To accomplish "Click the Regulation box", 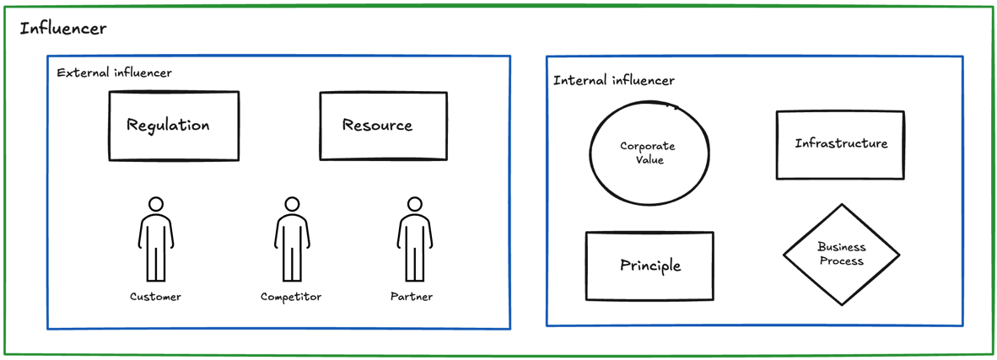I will [x=174, y=126].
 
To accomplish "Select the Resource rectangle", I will [x=383, y=126].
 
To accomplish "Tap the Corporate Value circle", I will [x=649, y=153].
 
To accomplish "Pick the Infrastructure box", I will [x=840, y=144].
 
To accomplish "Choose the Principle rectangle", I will [x=649, y=266].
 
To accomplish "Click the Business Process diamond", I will [x=841, y=254].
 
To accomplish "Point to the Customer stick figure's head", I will [x=156, y=204].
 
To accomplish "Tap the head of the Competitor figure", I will [x=292, y=204].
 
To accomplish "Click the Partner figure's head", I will [x=414, y=204].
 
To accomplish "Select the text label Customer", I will [x=155, y=297].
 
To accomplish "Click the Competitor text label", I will [x=291, y=297].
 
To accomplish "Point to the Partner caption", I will [x=412, y=297].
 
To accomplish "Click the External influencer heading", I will [x=114, y=73].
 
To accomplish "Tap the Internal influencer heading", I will [x=613, y=81].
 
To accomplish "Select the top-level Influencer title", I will [x=63, y=29].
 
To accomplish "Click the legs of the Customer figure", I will [x=156, y=263].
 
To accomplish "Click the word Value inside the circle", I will [x=649, y=160].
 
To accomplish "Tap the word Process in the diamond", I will [x=842, y=261].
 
